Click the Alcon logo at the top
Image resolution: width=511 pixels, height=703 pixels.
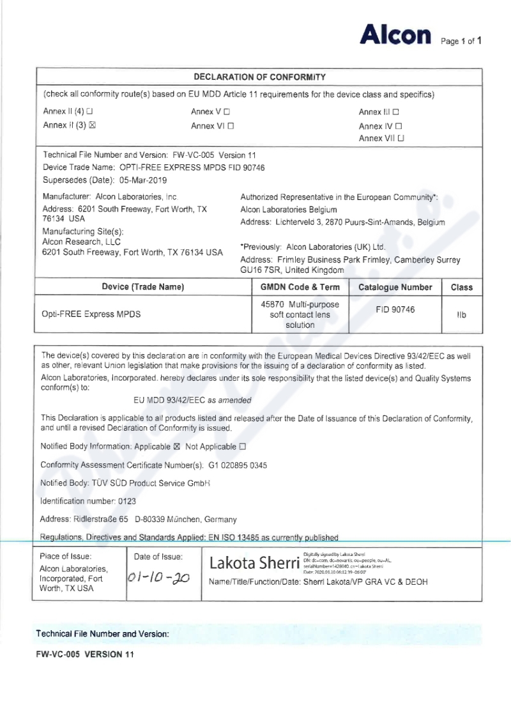[x=395, y=35]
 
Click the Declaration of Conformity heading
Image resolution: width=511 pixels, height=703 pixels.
[x=259, y=77]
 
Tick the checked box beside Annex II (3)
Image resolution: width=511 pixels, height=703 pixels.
[x=92, y=125]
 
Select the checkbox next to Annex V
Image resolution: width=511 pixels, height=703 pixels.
[x=227, y=112]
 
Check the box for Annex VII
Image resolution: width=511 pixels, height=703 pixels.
[x=400, y=138]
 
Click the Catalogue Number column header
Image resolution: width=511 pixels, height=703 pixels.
[x=395, y=288]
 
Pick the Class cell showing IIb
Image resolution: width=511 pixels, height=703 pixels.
[x=461, y=315]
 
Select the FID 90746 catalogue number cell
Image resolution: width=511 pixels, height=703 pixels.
[x=395, y=309]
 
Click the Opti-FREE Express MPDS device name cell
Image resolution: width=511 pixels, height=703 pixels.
[x=91, y=314]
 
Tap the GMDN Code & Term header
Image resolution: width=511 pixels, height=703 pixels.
[x=300, y=288]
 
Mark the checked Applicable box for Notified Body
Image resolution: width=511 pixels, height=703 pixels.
[x=178, y=447]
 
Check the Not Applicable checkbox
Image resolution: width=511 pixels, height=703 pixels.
[x=242, y=447]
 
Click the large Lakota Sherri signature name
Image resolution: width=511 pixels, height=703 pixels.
[x=254, y=563]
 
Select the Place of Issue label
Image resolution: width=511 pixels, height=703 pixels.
[x=66, y=557]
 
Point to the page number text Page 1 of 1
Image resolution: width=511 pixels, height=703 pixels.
[x=461, y=42]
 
